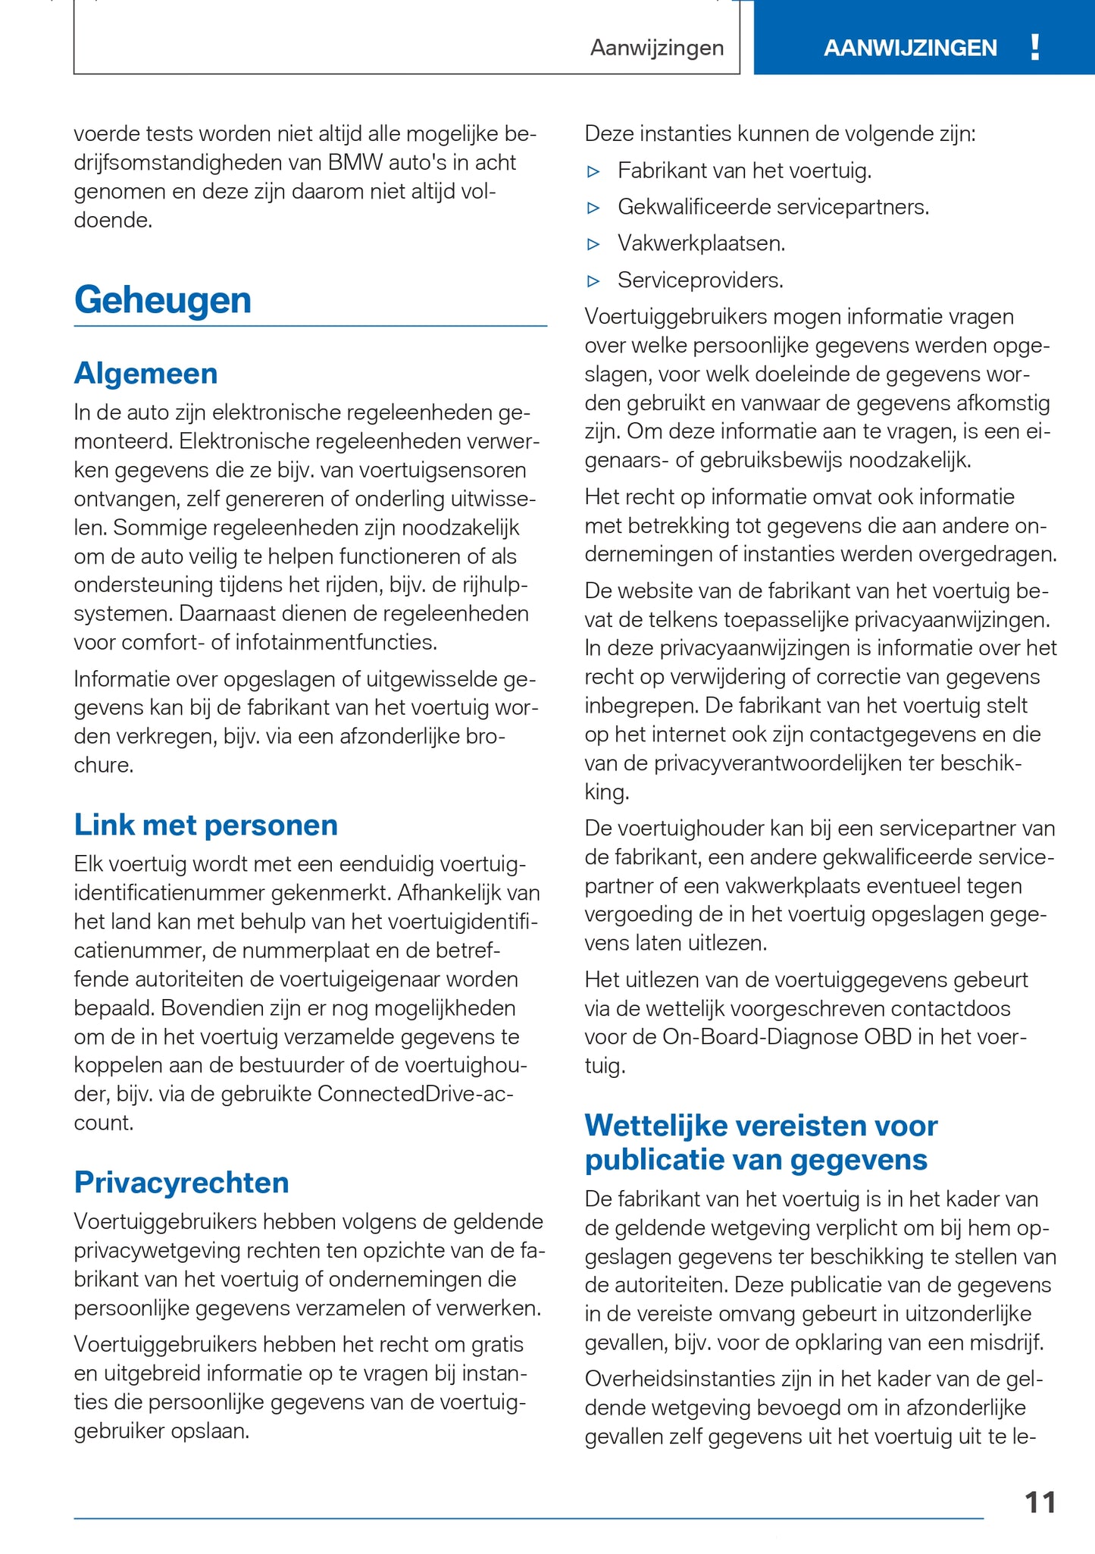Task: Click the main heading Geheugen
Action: [x=162, y=300]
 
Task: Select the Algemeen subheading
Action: [x=145, y=374]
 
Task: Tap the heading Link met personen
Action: [x=205, y=825]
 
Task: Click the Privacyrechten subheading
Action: [x=181, y=1183]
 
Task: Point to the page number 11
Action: [x=1040, y=1502]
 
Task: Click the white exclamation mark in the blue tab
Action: [x=1035, y=48]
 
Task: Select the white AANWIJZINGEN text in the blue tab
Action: [x=910, y=49]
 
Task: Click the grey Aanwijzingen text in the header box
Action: [x=657, y=49]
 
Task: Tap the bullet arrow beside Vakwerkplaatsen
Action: [x=594, y=244]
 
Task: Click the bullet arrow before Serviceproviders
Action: [x=594, y=281]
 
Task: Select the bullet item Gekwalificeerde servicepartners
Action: [x=773, y=207]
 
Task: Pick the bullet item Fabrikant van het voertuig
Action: [x=744, y=171]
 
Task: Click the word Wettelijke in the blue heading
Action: [x=655, y=1126]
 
